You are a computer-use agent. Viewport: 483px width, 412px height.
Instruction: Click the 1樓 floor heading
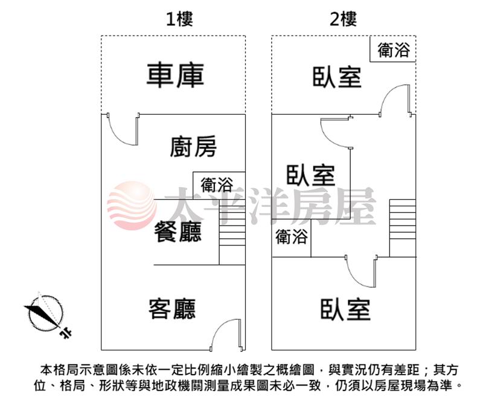(x=179, y=19)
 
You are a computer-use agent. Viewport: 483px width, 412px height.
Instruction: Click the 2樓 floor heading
(x=343, y=19)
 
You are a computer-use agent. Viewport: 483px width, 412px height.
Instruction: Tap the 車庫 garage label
(x=175, y=75)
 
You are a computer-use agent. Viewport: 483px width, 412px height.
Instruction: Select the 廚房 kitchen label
(x=193, y=147)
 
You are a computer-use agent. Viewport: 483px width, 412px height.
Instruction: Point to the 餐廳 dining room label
(x=178, y=232)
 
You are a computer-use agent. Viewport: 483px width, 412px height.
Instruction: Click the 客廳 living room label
(x=172, y=309)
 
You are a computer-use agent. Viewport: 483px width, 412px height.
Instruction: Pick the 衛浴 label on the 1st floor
(x=217, y=185)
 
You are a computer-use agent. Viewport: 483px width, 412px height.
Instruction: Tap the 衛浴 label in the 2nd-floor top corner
(x=394, y=50)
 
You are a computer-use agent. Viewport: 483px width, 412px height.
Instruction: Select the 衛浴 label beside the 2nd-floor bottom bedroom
(x=292, y=236)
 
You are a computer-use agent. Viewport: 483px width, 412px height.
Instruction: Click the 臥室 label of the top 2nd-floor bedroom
(x=337, y=77)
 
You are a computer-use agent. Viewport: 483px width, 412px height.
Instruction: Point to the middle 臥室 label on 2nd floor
(x=311, y=175)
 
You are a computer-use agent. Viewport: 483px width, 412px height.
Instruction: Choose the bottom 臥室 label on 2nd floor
(x=345, y=309)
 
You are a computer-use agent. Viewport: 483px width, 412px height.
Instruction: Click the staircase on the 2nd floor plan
(x=403, y=228)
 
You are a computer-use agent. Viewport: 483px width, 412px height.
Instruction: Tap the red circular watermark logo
(x=132, y=206)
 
